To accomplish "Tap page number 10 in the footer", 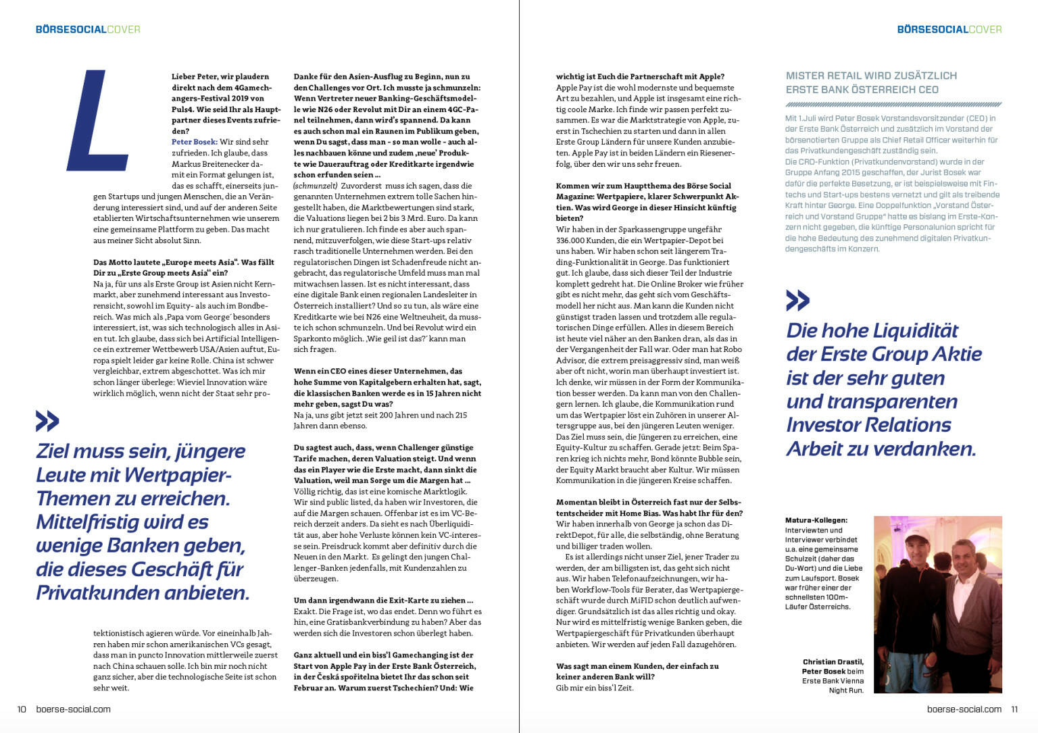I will (22, 709).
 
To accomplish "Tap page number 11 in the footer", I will (1014, 709).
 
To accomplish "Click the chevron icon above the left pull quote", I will (47, 422).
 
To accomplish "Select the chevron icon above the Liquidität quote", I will (797, 301).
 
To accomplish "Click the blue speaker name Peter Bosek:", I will (194, 142).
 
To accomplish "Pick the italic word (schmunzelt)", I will (315, 186).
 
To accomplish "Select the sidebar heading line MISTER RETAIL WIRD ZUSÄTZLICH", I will (871, 76).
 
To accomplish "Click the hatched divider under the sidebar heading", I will (893, 105).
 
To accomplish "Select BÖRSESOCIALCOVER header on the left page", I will (88, 29).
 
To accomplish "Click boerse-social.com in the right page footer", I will (964, 709).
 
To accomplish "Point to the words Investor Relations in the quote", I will (868, 425).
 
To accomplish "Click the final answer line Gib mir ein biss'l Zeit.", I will (595, 688).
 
